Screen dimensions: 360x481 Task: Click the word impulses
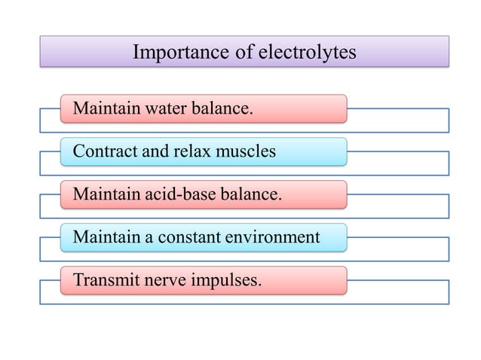point(226,281)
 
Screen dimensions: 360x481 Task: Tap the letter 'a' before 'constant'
point(149,239)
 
